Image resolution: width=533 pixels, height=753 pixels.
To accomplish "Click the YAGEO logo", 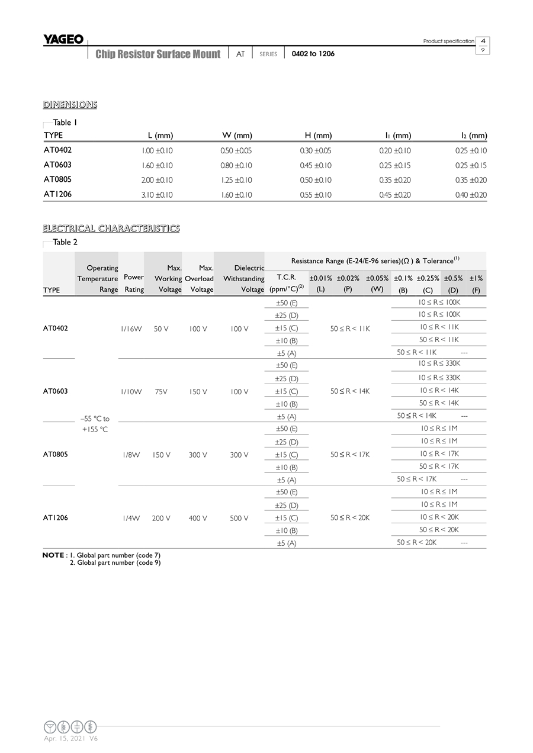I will pyautogui.click(x=63, y=39).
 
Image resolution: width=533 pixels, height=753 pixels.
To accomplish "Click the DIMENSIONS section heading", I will pyautogui.click(x=70, y=105).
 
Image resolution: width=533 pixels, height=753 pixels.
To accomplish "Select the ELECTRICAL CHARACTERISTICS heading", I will pyautogui.click(x=111, y=229).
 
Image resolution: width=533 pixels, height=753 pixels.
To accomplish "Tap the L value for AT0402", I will pyautogui.click(x=158, y=151).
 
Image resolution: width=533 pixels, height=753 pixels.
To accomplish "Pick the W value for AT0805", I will pyautogui.click(x=236, y=180).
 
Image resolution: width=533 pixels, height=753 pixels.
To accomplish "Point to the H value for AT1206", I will pyautogui.click(x=316, y=195).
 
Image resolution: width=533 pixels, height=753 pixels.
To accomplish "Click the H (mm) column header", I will pyautogui.click(x=318, y=136).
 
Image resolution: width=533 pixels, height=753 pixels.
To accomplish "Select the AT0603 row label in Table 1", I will pyautogui.click(x=57, y=165).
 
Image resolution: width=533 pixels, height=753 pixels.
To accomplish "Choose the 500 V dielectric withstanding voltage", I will pyautogui.click(x=239, y=518).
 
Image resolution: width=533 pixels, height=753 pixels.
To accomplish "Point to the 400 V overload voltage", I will pyautogui.click(x=198, y=518).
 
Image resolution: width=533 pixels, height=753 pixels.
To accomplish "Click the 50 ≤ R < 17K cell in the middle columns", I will pyautogui.click(x=350, y=455).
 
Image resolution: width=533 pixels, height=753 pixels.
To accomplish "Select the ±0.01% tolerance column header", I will pyautogui.click(x=321, y=278).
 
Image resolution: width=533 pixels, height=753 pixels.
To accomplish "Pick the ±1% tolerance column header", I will pyautogui.click(x=476, y=278).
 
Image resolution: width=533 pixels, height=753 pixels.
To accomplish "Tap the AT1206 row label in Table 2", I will pyautogui.click(x=56, y=518).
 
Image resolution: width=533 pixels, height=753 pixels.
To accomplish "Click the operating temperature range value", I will pyautogui.click(x=95, y=424).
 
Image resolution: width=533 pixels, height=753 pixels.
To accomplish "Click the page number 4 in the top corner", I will pyautogui.click(x=483, y=41).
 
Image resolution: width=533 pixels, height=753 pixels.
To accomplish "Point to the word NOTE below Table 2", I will pyautogui.click(x=53, y=555).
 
